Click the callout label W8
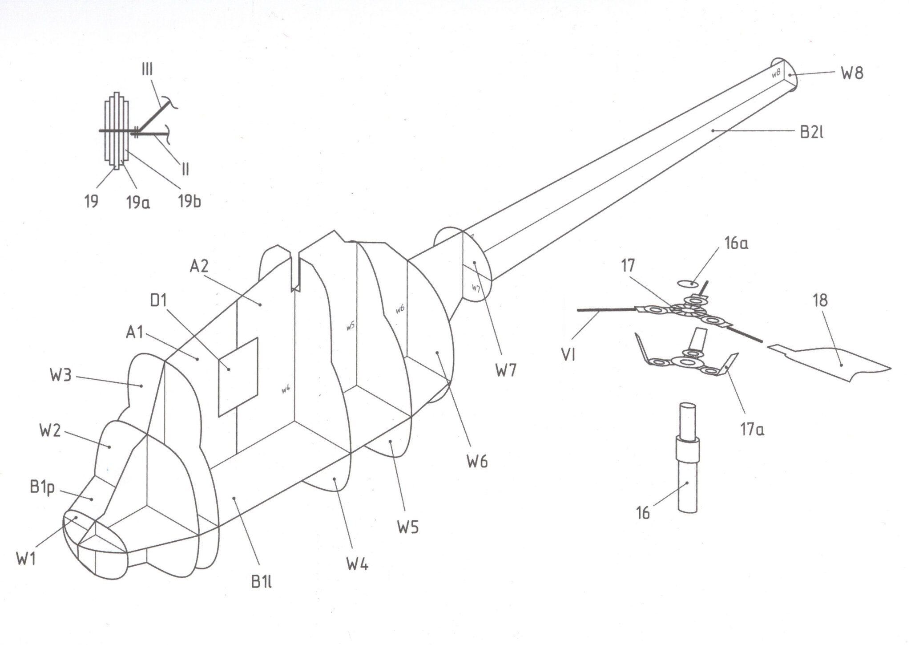(852, 73)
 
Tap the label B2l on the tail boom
(811, 132)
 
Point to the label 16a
(735, 243)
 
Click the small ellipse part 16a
(687, 283)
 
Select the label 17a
(752, 430)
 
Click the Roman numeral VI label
(568, 354)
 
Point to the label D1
(158, 301)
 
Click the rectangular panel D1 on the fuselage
(238, 377)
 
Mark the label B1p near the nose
(43, 487)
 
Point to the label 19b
(189, 202)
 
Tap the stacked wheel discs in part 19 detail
(117, 131)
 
